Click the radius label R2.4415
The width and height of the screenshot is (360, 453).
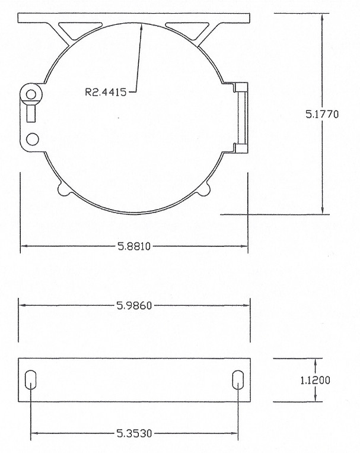106,91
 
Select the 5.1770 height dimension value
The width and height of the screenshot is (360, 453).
322,115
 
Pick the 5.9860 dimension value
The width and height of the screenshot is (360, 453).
135,306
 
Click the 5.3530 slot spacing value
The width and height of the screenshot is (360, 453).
135,433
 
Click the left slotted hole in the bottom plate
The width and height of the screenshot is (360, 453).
31,380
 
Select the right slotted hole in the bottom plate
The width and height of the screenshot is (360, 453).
238,380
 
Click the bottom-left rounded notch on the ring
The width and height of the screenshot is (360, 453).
63,189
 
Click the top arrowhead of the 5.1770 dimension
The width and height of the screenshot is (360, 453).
322,15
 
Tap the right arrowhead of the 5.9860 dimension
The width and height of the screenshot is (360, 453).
249,306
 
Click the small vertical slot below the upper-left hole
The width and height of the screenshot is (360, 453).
31,112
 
